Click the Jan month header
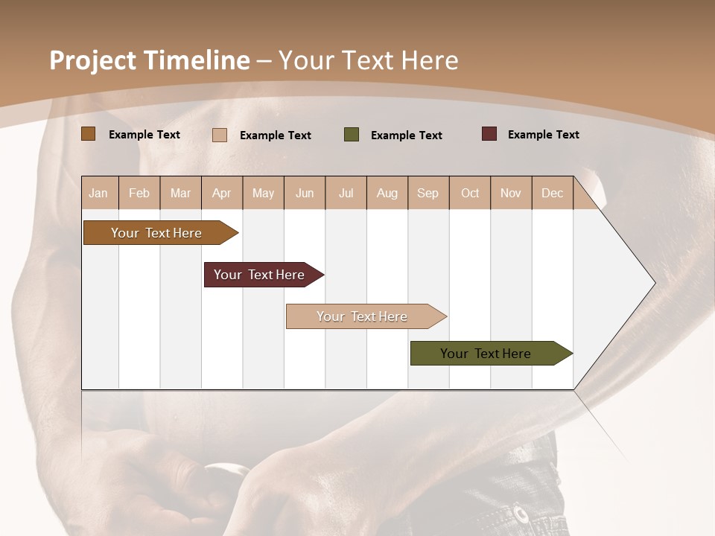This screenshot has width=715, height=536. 98,194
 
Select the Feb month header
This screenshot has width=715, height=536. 139,194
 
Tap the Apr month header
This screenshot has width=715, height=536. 222,194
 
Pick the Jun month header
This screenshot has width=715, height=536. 305,194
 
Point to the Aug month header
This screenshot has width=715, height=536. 387,194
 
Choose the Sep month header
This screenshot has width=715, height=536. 428,194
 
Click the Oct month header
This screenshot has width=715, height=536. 470,194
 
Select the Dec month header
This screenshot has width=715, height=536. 553,194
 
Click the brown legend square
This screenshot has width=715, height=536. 89,134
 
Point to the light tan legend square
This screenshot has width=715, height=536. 220,135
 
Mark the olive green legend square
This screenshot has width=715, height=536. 352,135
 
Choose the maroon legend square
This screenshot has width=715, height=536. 489,134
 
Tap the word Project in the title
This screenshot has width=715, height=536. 93,60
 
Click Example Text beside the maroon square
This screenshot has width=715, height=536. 543,135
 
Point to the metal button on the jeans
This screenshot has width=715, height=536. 521,514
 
